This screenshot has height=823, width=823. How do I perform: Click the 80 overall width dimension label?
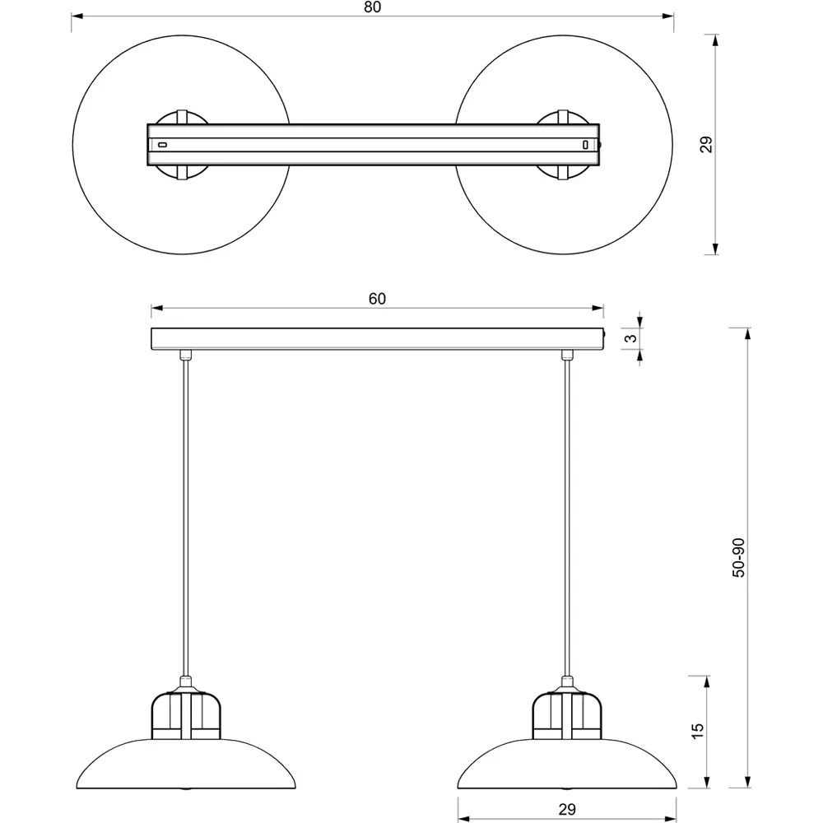[373, 7]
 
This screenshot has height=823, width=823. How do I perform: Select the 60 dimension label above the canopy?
[377, 299]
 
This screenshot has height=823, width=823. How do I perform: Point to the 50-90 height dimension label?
[738, 557]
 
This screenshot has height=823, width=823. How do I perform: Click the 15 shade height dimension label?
[697, 729]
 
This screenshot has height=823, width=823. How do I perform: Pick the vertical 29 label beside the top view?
[705, 145]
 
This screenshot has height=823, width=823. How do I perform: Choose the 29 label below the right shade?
[566, 810]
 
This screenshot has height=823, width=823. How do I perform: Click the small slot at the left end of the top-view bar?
[163, 145]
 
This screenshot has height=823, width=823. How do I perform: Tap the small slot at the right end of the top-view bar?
[585, 145]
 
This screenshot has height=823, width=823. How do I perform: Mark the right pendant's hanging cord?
[566, 518]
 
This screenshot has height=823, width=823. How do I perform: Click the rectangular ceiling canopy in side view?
[377, 339]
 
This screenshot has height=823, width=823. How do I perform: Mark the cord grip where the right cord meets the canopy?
[566, 356]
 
